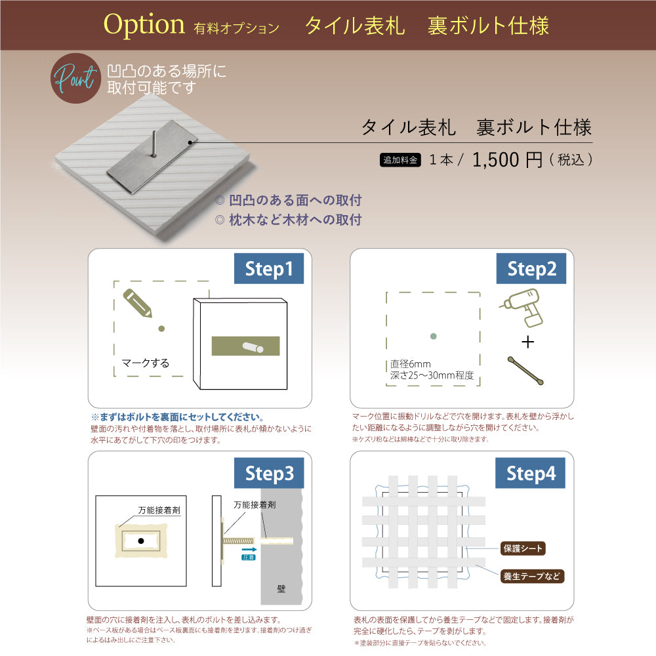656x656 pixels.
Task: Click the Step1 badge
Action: (x=269, y=269)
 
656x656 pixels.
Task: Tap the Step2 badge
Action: (x=532, y=269)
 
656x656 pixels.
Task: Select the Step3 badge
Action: (x=269, y=473)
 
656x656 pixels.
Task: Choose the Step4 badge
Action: (x=531, y=473)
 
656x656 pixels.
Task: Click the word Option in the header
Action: (x=144, y=25)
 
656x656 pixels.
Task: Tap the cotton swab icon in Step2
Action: (x=525, y=371)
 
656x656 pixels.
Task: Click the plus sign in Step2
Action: (x=528, y=342)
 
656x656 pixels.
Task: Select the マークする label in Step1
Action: (x=146, y=363)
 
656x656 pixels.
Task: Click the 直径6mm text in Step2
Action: (x=411, y=364)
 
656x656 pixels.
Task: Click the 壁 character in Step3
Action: (x=281, y=589)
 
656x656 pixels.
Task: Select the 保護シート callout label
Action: (x=522, y=548)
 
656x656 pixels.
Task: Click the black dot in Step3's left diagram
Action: (x=140, y=541)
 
